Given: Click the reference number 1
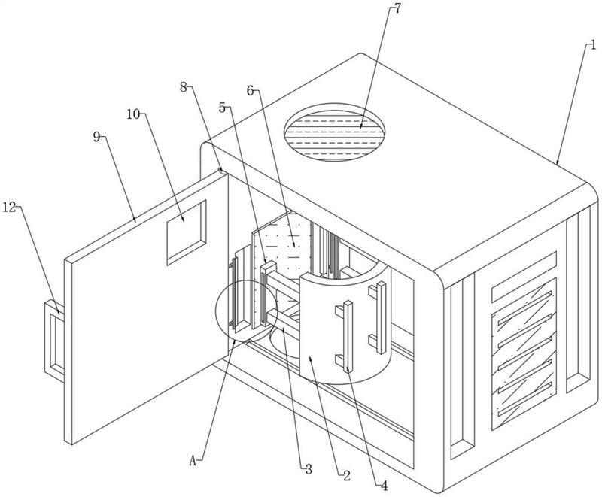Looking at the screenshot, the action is point(594,45).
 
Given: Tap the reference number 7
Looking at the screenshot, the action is point(397,8).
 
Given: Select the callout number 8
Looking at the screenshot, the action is point(184,87).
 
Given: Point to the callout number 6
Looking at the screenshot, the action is point(250,91).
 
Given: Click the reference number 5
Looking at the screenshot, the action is point(222,108).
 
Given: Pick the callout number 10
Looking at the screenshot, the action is point(133,114).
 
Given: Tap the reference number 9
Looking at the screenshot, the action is point(96,137).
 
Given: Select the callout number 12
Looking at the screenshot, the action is point(8,208).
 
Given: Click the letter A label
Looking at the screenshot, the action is point(193,461).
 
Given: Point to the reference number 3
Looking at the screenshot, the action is point(309,468).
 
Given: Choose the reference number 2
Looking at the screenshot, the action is point(346,476).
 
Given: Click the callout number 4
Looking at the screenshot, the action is point(384,486).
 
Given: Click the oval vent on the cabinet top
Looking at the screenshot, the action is point(334,132).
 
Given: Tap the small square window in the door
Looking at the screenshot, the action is point(187,232).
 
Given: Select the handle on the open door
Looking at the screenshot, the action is point(54,341).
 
